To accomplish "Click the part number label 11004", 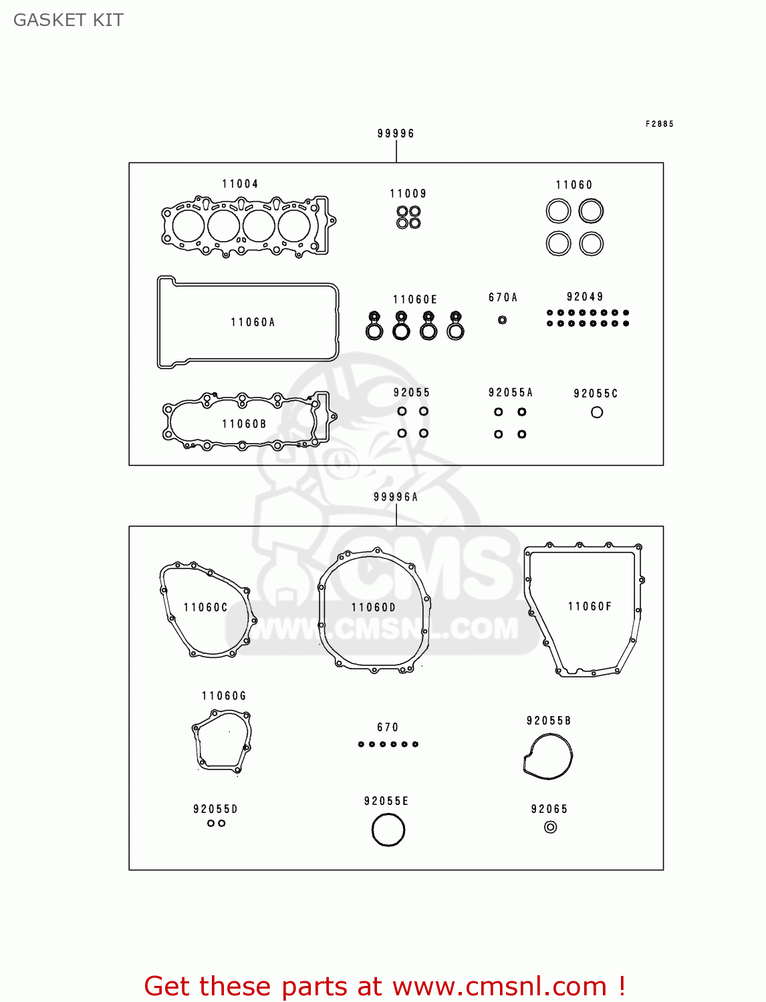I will tap(240, 184).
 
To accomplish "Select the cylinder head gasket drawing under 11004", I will tap(247, 226).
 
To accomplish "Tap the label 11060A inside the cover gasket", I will tap(253, 322).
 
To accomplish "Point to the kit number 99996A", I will tap(396, 497).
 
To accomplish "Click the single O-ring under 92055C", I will tap(597, 412).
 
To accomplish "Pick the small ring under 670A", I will tap(502, 320).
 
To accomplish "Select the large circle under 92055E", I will tap(388, 830).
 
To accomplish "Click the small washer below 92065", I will tap(550, 827).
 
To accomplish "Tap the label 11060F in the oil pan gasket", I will tap(590, 607).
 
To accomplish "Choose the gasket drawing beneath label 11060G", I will tap(223, 741).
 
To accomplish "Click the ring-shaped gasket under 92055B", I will tap(548, 756).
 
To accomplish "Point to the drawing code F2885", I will tap(660, 124).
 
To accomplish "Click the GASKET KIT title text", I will tap(68, 20).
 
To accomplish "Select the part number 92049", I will tap(585, 297).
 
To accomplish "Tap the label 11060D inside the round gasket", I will tap(374, 607).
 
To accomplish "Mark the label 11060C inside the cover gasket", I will tap(206, 607).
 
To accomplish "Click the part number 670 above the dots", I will tap(388, 727).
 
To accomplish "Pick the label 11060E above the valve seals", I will tap(415, 299).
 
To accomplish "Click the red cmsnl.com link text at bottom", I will tap(384, 986).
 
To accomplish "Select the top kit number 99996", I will tap(396, 134).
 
